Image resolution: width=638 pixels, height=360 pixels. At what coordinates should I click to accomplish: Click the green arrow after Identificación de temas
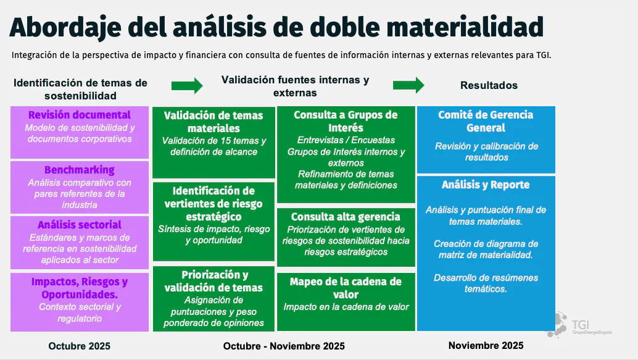[x=188, y=85]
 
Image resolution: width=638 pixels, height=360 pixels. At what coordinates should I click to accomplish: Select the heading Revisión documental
[x=80, y=115]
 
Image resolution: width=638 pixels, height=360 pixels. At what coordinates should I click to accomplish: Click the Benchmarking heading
[x=80, y=170]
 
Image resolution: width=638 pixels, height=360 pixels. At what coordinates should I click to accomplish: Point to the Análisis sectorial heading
[x=80, y=225]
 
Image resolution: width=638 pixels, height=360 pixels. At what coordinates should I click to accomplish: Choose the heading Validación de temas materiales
[x=213, y=122]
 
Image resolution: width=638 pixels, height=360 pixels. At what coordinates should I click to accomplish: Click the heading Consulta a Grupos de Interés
[x=346, y=122]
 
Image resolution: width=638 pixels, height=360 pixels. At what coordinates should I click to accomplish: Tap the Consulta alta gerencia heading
[x=346, y=217]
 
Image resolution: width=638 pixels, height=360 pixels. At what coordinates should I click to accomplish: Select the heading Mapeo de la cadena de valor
[x=346, y=288]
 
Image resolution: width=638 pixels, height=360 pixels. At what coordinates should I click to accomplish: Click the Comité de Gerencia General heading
[x=486, y=122]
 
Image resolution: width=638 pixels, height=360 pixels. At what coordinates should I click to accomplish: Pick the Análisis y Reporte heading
[x=486, y=185]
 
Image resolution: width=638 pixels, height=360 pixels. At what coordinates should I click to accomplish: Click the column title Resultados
[x=489, y=85]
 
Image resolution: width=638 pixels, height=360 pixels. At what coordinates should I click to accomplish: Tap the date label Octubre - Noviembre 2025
[x=284, y=346]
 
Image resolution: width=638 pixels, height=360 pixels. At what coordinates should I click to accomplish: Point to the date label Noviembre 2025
[x=486, y=345]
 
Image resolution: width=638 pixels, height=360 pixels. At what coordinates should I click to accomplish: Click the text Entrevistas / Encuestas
[x=346, y=140]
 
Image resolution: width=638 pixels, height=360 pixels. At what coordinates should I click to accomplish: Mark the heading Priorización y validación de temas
[x=213, y=282]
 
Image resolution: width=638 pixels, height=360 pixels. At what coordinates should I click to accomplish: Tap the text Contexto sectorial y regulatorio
[x=80, y=312]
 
